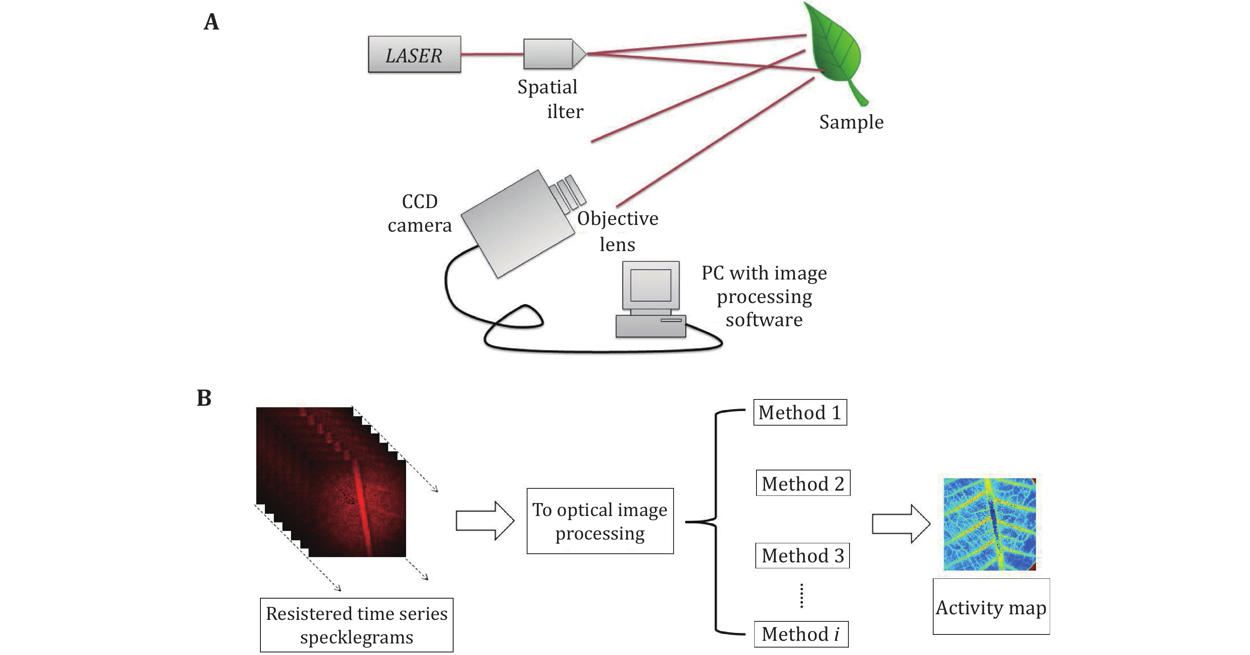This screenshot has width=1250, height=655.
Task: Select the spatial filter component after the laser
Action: (553, 54)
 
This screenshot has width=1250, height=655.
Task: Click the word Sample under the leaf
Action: (851, 122)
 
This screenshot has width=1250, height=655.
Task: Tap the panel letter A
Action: (211, 22)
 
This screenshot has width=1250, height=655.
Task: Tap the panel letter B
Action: (204, 398)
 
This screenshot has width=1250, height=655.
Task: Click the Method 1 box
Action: (800, 413)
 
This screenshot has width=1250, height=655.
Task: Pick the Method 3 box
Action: (802, 556)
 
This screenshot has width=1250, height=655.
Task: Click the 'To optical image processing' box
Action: (600, 521)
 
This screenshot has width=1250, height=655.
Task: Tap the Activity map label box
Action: (991, 606)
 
